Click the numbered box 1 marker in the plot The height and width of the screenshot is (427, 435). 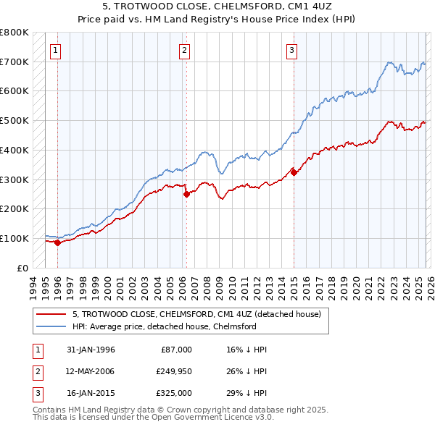[x=57, y=50]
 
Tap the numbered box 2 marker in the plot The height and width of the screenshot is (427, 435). [x=185, y=50]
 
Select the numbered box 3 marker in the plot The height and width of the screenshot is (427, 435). [x=291, y=50]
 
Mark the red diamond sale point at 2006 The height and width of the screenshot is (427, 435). [x=186, y=194]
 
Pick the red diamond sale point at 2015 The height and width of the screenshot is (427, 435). [x=294, y=172]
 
